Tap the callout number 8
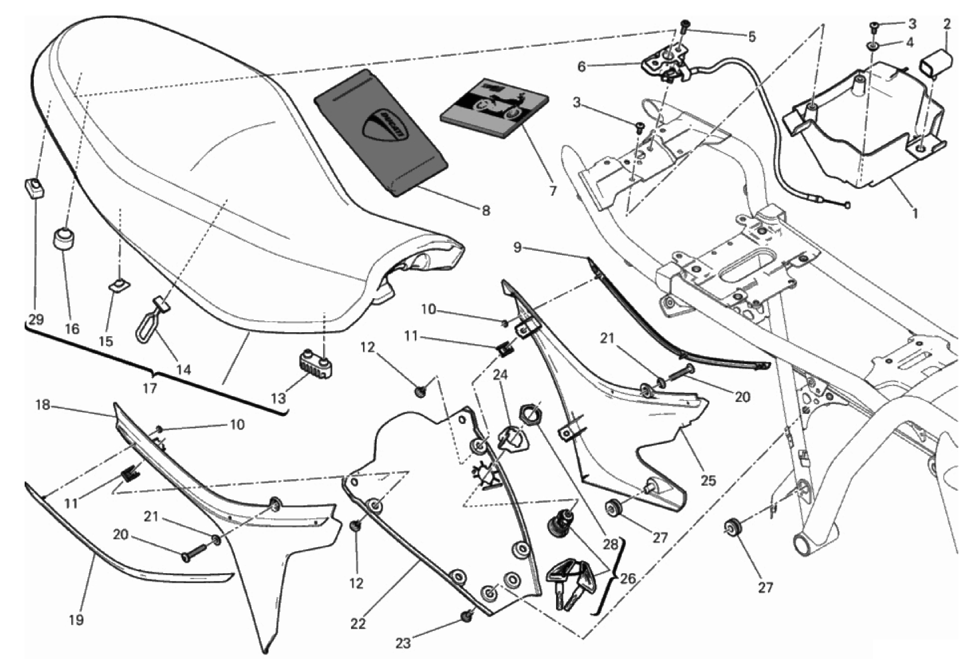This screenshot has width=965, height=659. tap(486, 211)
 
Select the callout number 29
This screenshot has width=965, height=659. tap(36, 319)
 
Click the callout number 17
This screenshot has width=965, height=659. tap(150, 388)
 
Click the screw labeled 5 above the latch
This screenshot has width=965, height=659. tap(684, 27)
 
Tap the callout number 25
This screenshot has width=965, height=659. tap(708, 479)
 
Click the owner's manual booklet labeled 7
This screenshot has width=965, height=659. tap(496, 108)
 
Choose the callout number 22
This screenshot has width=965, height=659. tap(358, 624)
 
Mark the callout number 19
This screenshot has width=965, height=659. tap(76, 620)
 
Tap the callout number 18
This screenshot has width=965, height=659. tap(43, 404)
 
